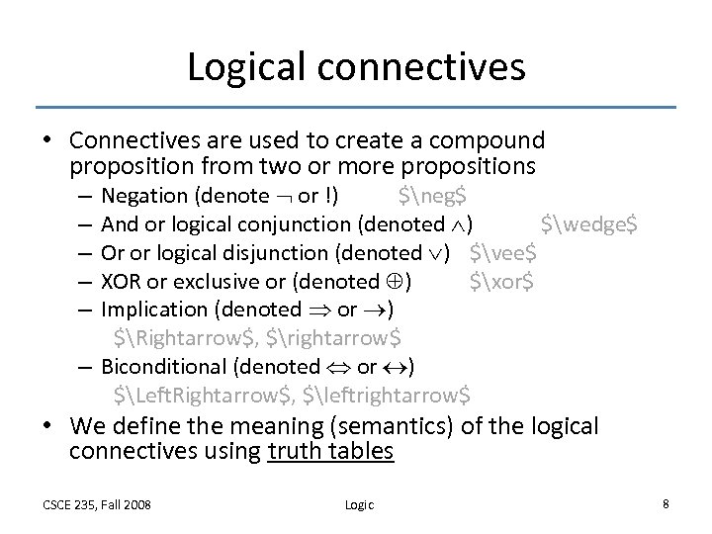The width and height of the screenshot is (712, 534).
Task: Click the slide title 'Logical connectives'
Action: (x=356, y=66)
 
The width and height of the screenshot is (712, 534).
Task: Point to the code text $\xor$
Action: (x=502, y=281)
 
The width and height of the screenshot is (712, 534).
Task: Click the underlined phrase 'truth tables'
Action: (x=331, y=452)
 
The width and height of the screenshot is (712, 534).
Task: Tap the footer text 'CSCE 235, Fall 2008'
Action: (x=97, y=504)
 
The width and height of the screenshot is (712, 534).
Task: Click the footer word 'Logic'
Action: (x=359, y=504)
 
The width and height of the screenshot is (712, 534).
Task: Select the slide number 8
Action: (x=666, y=503)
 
